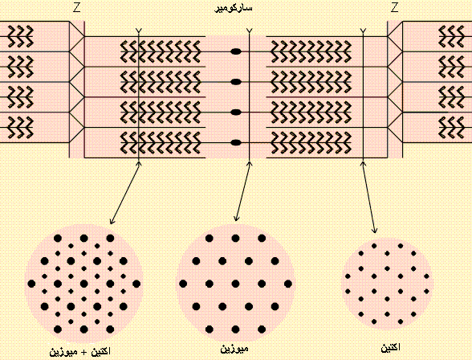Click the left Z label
click(77, 8)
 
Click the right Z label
click(395, 8)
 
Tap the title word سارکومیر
click(234, 8)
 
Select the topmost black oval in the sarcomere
click(236, 51)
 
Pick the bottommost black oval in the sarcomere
click(236, 142)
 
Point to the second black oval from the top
click(236, 82)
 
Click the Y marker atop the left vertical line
click(138, 31)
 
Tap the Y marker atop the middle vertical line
click(249, 31)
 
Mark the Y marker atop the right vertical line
click(363, 31)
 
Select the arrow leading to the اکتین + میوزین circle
click(125, 193)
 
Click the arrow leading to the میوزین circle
click(242, 191)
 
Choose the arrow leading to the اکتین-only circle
click(369, 198)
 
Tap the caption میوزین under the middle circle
click(234, 349)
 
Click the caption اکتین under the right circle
click(391, 348)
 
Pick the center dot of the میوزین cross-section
click(235, 284)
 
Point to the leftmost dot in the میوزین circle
click(183, 284)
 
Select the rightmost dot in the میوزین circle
click(287, 284)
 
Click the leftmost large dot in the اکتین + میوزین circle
click(31, 284)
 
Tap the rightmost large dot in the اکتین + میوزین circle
click(136, 284)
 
